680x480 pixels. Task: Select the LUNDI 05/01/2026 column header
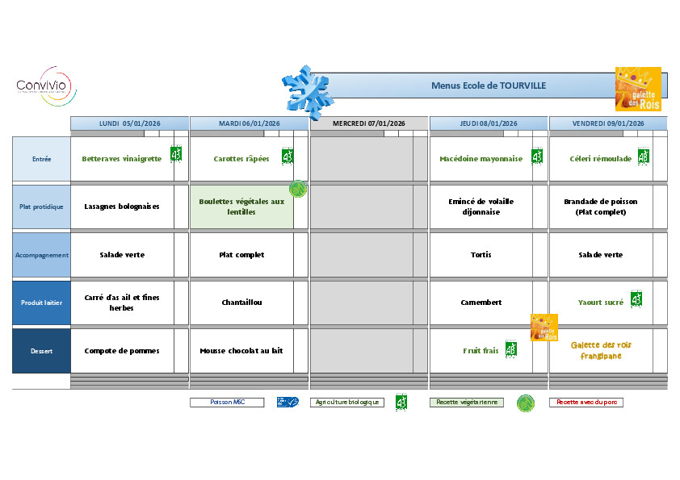129,123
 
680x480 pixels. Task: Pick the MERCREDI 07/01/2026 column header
368,123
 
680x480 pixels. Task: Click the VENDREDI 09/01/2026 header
608,123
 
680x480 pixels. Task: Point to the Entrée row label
41,159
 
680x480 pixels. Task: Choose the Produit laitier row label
41,303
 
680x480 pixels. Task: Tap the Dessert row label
41,351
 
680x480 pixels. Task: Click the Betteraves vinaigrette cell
122,159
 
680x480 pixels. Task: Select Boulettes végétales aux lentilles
241,207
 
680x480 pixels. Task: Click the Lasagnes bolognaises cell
122,207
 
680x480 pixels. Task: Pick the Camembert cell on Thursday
481,303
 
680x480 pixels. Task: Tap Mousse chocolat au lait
241,351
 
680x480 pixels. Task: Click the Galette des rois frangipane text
601,350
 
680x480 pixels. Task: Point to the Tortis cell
481,255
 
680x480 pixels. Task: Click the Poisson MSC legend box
227,402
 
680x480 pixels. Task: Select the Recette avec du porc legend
586,402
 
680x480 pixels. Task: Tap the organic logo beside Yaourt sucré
636,299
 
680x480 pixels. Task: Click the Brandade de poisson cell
601,207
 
